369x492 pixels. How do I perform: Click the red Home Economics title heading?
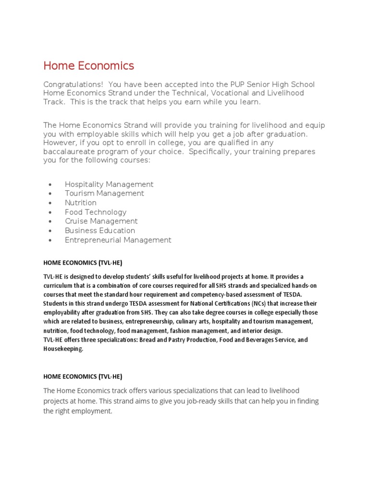(x=88, y=65)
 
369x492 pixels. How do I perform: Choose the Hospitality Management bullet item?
(x=109, y=184)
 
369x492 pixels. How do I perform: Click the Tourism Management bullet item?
(x=104, y=193)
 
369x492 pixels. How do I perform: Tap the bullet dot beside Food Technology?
(x=50, y=212)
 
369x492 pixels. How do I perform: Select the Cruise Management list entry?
(x=101, y=221)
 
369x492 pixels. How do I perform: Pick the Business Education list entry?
(x=100, y=231)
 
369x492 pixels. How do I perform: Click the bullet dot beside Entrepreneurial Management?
(x=50, y=240)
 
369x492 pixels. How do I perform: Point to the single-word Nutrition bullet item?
(x=81, y=203)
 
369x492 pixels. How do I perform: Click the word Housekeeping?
(x=63, y=349)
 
